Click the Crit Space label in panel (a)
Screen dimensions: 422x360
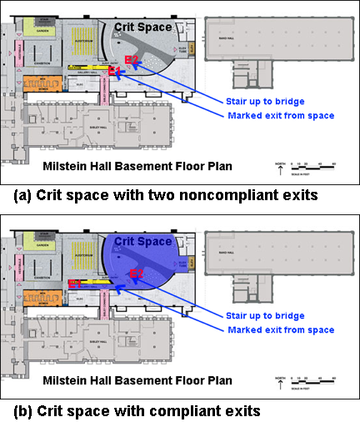coord(142,28)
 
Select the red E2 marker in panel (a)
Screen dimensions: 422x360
coord(131,60)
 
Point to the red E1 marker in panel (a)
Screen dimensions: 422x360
coord(113,72)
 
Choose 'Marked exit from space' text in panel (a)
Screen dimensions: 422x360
coord(280,115)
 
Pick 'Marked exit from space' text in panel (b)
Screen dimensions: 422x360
coord(280,329)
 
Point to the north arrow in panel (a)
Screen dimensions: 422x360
coord(277,170)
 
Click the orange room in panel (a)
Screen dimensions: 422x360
coord(38,84)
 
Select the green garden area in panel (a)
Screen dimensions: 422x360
coord(37,27)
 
